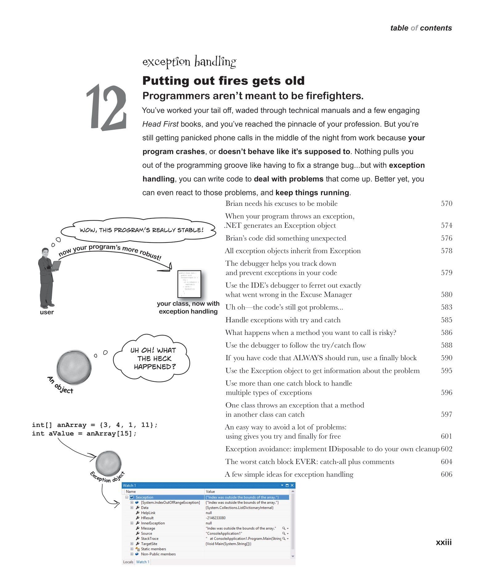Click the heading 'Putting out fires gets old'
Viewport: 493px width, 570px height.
[x=223, y=81]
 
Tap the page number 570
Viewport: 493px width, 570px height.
[x=446, y=203]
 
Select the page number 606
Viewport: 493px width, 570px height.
[x=446, y=474]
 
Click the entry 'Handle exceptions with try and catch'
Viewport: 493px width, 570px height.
[x=283, y=320]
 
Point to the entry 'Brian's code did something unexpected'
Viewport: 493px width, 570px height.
[x=286, y=238]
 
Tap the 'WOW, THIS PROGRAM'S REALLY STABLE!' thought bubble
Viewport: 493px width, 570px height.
[x=141, y=230]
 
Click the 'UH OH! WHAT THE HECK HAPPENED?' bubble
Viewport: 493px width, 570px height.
[x=153, y=358]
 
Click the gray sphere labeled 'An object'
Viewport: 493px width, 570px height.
[x=74, y=367]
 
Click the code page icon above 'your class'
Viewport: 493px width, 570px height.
[x=189, y=283]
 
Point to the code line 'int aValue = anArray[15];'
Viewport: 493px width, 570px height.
[x=84, y=434]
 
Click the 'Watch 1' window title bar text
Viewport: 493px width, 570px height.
[x=129, y=486]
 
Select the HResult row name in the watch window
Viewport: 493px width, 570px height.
[x=147, y=518]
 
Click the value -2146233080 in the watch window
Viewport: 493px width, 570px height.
[x=216, y=518]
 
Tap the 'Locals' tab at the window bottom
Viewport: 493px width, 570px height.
[x=128, y=562]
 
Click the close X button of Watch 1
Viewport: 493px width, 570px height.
[x=292, y=486]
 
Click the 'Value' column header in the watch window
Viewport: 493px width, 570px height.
[x=210, y=491]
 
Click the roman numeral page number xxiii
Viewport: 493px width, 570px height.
[x=443, y=543]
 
